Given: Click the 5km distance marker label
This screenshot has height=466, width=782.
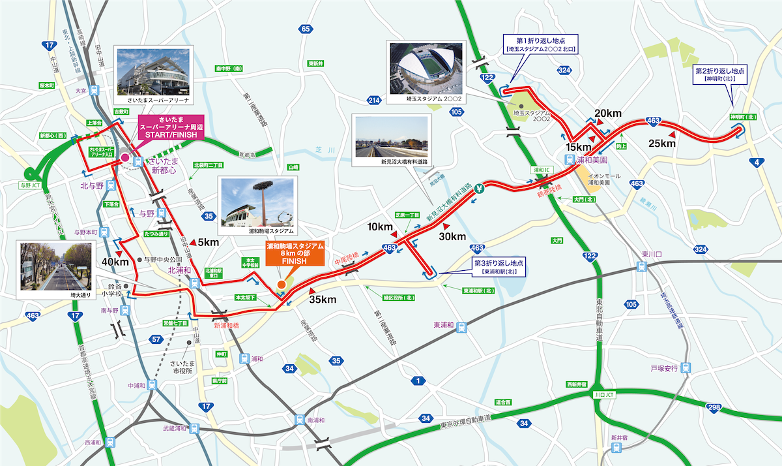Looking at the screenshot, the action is [208, 241].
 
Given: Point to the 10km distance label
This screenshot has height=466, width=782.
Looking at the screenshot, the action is [381, 227].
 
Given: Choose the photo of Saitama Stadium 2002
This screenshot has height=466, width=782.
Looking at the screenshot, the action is [424, 69].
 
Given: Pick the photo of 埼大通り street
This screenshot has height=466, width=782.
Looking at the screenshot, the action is [55, 268].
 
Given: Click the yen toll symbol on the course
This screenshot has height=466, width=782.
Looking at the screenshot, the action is [480, 190].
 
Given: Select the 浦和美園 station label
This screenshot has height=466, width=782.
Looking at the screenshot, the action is [592, 159].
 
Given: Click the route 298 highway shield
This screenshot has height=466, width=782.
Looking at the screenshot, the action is [714, 408].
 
